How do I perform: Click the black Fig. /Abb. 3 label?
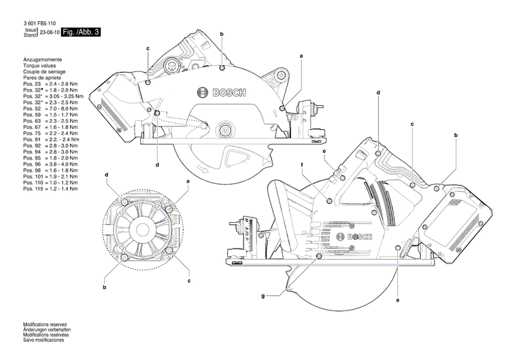tap(81, 32)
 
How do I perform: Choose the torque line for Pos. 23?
tap(50, 84)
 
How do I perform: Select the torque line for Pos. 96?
tap(50, 164)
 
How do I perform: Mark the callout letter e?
tap(324, 151)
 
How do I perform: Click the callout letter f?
tap(301, 165)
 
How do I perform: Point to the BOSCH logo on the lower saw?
tap(360, 236)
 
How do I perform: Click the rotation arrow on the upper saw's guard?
tap(202, 168)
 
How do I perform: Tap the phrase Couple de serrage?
tap(44, 73)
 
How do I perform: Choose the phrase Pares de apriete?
tap(41, 78)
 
